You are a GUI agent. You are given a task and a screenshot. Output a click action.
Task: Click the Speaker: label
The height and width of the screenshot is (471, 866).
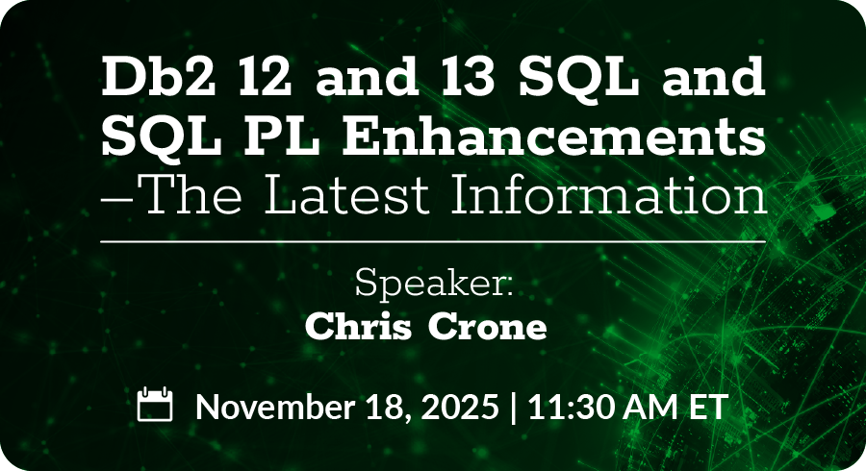pyautogui.click(x=434, y=283)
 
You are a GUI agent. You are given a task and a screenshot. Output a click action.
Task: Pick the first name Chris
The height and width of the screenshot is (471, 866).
pyautogui.click(x=359, y=327)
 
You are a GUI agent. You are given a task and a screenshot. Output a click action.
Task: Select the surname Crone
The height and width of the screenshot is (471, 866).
pyautogui.click(x=488, y=328)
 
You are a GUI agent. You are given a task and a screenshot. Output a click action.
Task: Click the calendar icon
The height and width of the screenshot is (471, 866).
pyautogui.click(x=155, y=405)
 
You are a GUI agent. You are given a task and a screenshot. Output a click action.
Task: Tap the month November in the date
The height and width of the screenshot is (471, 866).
pyautogui.click(x=275, y=407)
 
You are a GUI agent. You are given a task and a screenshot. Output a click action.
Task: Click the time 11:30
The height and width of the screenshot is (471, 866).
pyautogui.click(x=563, y=407)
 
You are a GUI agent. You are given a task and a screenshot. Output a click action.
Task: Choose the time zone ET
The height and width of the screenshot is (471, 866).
pyautogui.click(x=707, y=407)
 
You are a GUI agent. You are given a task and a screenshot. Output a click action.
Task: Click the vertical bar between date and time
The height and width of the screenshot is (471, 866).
pyautogui.click(x=514, y=408)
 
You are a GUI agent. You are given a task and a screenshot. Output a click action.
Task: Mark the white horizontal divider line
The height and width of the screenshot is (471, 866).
pyautogui.click(x=433, y=241)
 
